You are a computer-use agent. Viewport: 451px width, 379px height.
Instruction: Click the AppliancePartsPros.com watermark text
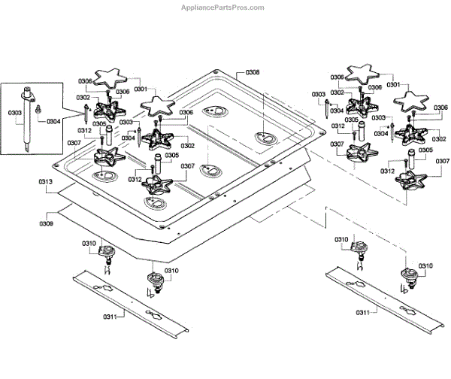pyautogui.click(x=224, y=8)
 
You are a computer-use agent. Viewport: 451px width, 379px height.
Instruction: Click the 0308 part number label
pyautogui.click(x=253, y=74)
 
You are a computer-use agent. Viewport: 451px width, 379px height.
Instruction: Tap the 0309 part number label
pyautogui.click(x=46, y=223)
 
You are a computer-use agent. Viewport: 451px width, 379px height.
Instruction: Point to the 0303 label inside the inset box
pyautogui.click(x=14, y=113)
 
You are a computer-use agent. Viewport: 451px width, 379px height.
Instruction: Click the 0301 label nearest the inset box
pyautogui.click(x=141, y=87)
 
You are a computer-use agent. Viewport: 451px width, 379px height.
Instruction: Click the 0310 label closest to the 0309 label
pyautogui.click(x=90, y=244)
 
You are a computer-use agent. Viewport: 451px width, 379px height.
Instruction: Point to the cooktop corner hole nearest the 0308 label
pyautogui.click(x=216, y=73)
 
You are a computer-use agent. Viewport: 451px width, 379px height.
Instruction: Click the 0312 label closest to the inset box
pyautogui.click(x=84, y=131)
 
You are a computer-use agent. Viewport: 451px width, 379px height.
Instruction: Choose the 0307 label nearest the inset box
pyautogui.click(x=74, y=142)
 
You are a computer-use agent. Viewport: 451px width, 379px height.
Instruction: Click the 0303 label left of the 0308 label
pyautogui.click(x=126, y=122)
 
